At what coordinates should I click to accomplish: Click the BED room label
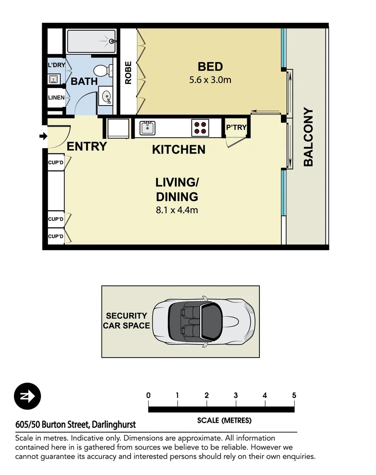tap(210, 67)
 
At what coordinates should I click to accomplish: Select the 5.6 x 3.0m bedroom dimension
tap(210, 80)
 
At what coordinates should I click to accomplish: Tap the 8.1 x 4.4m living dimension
tap(177, 210)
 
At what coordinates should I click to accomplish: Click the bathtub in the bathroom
tap(91, 41)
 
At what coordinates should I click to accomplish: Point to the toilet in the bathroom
tap(103, 71)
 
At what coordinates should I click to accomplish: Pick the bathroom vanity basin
tap(106, 96)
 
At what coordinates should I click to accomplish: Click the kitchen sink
tap(148, 128)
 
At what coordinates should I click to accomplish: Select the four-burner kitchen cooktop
tap(200, 128)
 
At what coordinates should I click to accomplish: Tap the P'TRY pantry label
tap(236, 128)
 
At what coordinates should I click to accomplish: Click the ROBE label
tap(128, 73)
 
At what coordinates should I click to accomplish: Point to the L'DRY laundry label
tap(57, 65)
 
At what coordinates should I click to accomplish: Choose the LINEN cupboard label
tap(56, 98)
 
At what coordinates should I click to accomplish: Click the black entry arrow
tap(44, 136)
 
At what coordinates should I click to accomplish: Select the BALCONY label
tap(308, 137)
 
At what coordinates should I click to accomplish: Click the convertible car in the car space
tap(204, 322)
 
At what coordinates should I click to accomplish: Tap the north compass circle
tap(27, 396)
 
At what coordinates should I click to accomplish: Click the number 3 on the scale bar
tap(236, 395)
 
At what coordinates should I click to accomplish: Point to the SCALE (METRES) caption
tap(224, 420)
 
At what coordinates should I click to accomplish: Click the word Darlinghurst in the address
tap(113, 425)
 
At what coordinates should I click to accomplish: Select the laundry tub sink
tap(53, 80)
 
